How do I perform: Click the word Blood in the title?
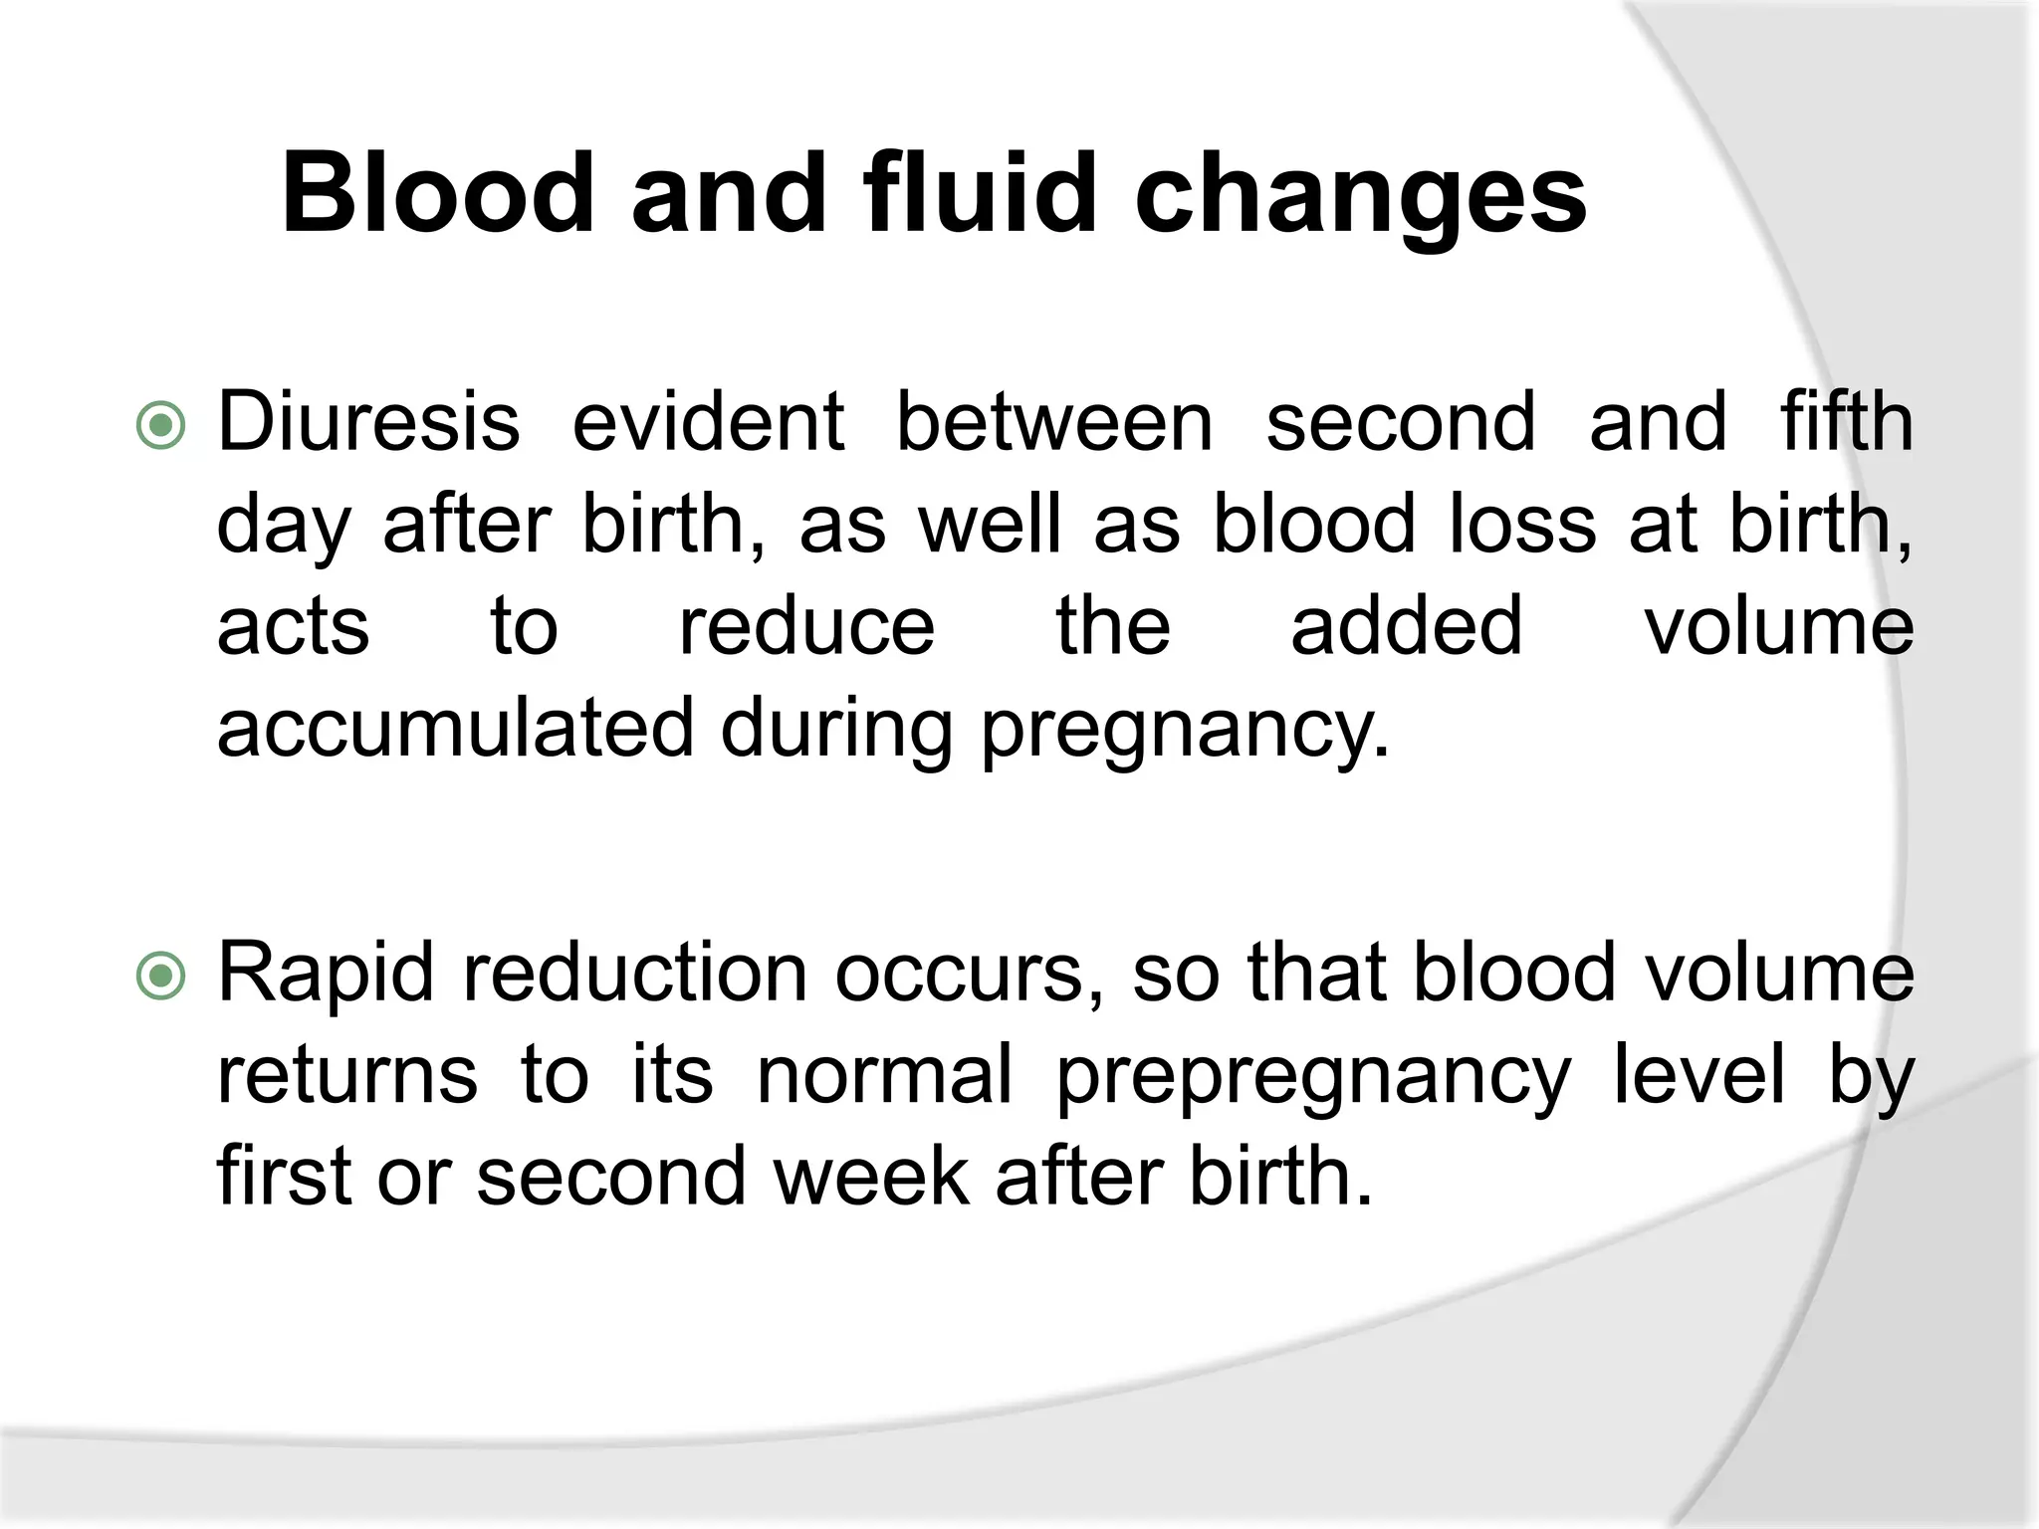[438, 193]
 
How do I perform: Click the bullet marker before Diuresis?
[160, 426]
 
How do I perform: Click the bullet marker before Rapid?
[160, 977]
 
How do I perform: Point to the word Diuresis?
[368, 422]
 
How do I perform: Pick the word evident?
[708, 422]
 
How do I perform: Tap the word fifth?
[1847, 422]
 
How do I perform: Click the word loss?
[1522, 525]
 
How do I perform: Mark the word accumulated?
[454, 729]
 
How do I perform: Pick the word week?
[870, 1177]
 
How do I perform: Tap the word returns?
[346, 1077]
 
